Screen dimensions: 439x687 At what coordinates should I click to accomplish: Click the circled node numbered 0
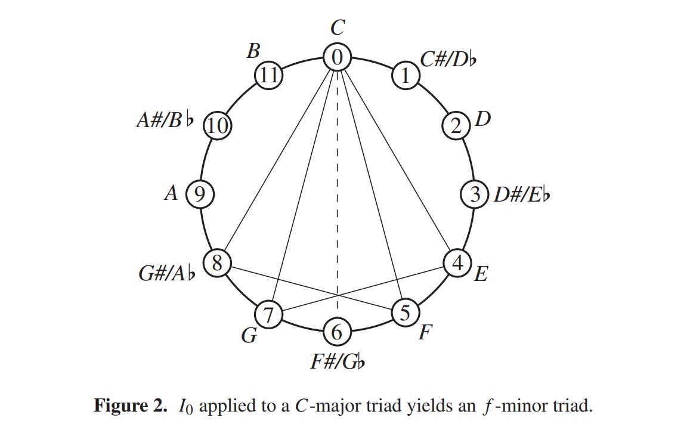(337, 57)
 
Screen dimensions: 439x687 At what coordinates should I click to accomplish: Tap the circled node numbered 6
(337, 332)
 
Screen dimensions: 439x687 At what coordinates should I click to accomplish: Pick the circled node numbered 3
(475, 194)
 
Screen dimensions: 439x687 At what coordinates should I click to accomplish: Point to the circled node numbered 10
(218, 126)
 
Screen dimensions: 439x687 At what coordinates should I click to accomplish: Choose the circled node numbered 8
(218, 262)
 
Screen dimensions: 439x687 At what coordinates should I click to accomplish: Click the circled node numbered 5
(406, 312)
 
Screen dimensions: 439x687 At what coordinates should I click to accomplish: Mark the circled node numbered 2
(456, 126)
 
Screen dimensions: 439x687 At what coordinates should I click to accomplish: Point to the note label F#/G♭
(337, 361)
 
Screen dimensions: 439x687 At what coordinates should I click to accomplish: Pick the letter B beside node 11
(253, 52)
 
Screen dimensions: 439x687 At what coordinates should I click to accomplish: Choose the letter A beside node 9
(171, 193)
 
